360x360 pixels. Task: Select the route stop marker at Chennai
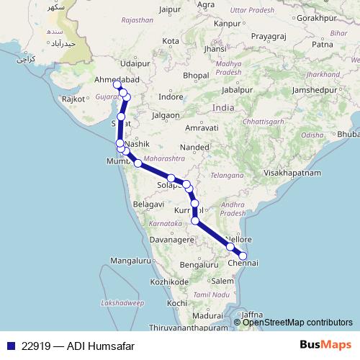(x=243, y=255)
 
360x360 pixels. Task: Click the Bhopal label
(x=196, y=75)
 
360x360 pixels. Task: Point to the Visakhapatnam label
(x=296, y=174)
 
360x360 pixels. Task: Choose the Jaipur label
(x=169, y=10)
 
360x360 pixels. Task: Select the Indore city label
(x=171, y=96)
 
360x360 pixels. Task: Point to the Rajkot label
(x=74, y=98)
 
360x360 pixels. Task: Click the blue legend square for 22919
(x=10, y=346)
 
